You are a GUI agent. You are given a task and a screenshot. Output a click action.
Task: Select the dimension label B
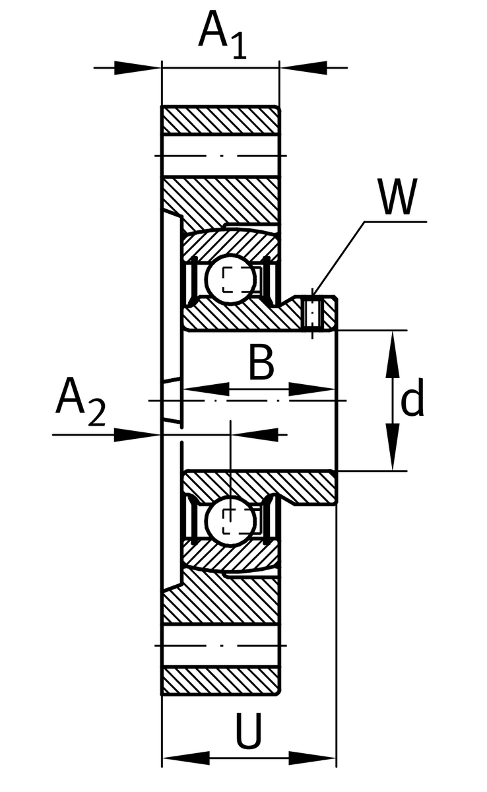261,363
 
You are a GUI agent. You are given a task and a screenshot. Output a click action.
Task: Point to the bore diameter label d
412,401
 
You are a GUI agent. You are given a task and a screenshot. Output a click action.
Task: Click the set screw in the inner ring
313,313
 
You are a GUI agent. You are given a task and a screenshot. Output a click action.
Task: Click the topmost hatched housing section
220,120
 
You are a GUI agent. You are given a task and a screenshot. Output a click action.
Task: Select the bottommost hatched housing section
220,680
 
